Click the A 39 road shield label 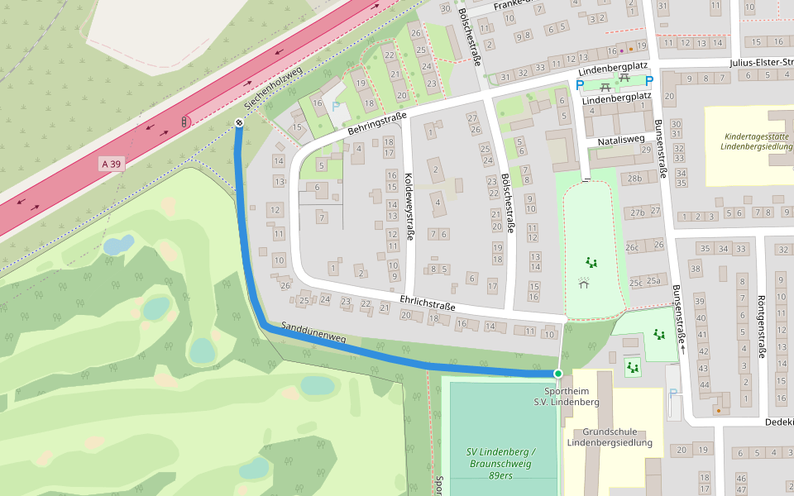[x=109, y=164]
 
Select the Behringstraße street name [x=377, y=125]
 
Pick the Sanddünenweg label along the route [x=313, y=332]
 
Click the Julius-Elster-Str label [x=760, y=62]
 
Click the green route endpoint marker [x=558, y=374]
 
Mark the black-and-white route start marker [x=238, y=123]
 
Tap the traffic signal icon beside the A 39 [x=183, y=122]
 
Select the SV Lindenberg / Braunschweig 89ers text [x=501, y=463]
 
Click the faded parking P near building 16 [x=336, y=106]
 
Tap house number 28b [x=634, y=178]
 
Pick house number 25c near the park [x=635, y=282]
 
